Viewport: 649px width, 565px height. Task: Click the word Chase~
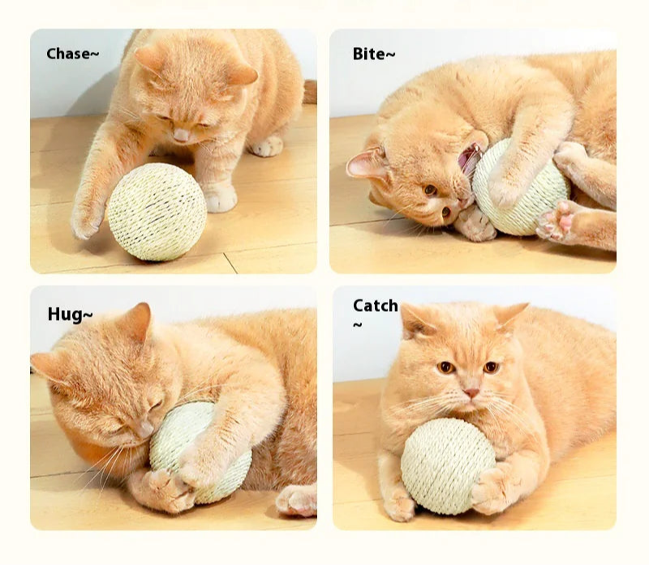(72, 54)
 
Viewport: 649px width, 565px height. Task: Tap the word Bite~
(374, 54)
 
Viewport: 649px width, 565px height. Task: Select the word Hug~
(70, 314)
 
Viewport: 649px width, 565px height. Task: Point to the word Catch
(375, 305)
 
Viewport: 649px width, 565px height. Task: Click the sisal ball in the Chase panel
(157, 210)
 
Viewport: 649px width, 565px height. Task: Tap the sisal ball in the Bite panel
(519, 188)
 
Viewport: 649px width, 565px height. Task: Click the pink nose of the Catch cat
(471, 393)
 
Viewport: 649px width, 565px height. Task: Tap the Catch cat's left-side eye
(446, 367)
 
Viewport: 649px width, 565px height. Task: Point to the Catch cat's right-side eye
(490, 367)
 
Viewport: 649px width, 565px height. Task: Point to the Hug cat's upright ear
(139, 320)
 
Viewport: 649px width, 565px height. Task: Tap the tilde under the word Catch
(357, 326)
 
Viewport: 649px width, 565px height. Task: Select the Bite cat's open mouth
(468, 159)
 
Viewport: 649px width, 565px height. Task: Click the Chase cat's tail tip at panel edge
(310, 91)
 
